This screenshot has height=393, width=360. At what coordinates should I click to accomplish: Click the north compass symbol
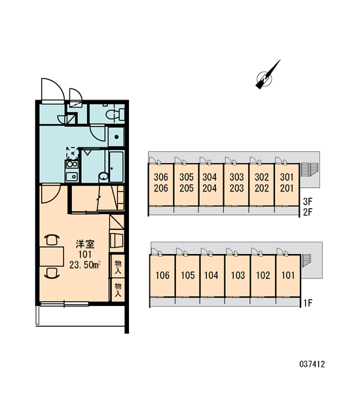tap(266, 77)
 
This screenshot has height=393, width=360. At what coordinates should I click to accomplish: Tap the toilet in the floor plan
tap(115, 115)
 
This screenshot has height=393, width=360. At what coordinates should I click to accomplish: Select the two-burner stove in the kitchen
tap(72, 164)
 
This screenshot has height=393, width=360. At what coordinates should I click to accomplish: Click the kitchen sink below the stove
tap(72, 177)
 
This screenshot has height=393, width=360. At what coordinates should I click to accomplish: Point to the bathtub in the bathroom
tap(117, 166)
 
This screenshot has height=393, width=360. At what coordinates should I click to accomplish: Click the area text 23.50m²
tap(85, 265)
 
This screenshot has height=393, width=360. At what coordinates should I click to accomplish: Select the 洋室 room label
tap(85, 244)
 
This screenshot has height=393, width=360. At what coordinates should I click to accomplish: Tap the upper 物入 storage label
tap(118, 267)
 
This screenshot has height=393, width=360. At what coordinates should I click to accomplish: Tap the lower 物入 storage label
tap(118, 290)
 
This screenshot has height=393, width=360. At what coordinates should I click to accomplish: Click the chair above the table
tap(52, 240)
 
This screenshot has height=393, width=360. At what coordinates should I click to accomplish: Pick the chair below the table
tap(52, 272)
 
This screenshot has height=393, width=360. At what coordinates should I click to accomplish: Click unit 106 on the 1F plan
tap(162, 276)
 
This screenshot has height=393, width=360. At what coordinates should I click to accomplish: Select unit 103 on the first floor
tap(238, 276)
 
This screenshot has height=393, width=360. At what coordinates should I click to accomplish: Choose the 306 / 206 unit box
tap(161, 185)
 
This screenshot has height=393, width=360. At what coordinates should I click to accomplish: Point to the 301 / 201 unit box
tap(287, 185)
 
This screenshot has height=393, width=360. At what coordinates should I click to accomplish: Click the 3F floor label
tap(308, 201)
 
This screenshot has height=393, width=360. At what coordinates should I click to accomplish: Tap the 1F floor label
tap(308, 303)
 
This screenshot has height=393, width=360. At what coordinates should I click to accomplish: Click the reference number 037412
tap(312, 364)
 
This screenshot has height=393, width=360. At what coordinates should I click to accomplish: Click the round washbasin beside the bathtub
tap(103, 177)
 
